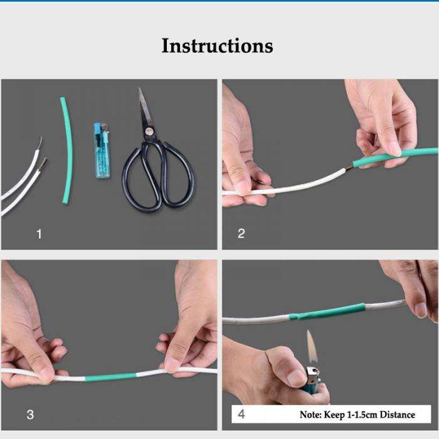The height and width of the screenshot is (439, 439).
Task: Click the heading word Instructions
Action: pyautogui.click(x=217, y=46)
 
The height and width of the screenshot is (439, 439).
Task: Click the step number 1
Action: pyautogui.click(x=39, y=234)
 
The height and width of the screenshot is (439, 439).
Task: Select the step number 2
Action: pyautogui.click(x=241, y=234)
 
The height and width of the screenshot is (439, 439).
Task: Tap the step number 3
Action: pyautogui.click(x=30, y=415)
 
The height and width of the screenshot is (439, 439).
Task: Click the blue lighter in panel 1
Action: pyautogui.click(x=101, y=152)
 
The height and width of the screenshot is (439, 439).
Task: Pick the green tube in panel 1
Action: pyautogui.click(x=64, y=151)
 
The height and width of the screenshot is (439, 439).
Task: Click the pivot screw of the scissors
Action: pyautogui.click(x=149, y=132)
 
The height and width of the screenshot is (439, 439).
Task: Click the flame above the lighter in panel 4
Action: pyautogui.click(x=311, y=345)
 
